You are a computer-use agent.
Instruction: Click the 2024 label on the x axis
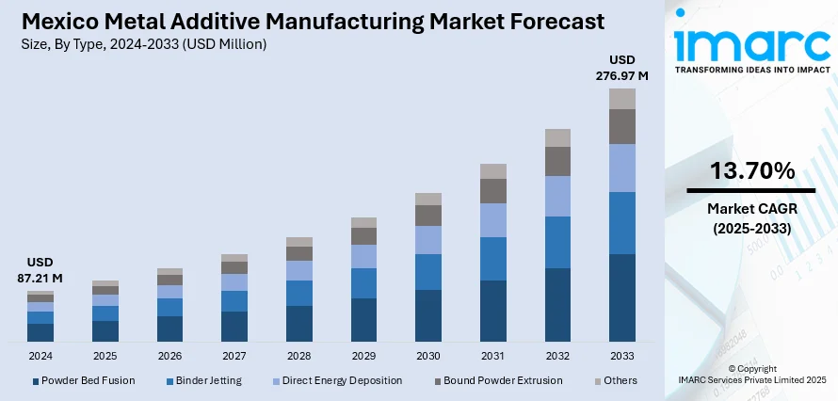pyautogui.click(x=40, y=356)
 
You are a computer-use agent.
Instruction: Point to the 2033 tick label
pyautogui.click(x=622, y=356)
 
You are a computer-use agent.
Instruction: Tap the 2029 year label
pyautogui.click(x=363, y=356)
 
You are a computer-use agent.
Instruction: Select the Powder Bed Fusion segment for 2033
pyautogui.click(x=622, y=297)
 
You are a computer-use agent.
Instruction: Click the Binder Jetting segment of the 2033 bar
pyautogui.click(x=622, y=223)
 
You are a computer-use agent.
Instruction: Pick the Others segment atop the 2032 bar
pyautogui.click(x=557, y=137)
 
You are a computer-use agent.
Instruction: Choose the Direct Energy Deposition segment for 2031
pyautogui.click(x=493, y=220)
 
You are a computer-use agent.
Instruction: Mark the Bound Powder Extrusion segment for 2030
pyautogui.click(x=428, y=216)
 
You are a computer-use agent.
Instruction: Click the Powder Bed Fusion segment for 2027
pyautogui.click(x=234, y=326)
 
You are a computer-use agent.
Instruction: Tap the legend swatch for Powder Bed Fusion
pyautogui.click(x=36, y=381)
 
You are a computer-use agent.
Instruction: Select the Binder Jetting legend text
pyautogui.click(x=208, y=380)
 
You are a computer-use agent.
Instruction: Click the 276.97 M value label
pyautogui.click(x=622, y=75)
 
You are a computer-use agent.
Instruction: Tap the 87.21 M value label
pyautogui.click(x=40, y=278)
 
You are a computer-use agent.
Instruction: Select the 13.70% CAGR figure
pyautogui.click(x=752, y=171)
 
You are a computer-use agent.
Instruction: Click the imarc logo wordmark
pyautogui.click(x=751, y=44)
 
